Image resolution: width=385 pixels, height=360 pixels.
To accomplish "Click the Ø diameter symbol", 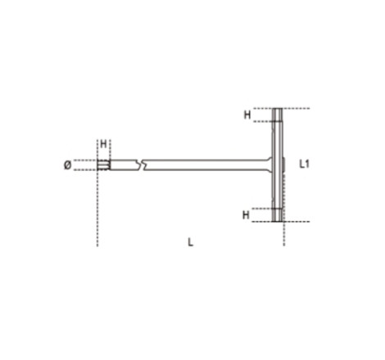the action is tap(68, 165).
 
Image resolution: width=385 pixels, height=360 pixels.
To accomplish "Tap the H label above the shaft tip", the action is tap(103, 144).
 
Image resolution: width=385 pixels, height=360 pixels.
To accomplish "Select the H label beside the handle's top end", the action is tap(247, 115).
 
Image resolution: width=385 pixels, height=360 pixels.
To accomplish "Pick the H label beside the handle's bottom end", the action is tap(246, 215).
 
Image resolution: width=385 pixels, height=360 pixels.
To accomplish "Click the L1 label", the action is tap(305, 164).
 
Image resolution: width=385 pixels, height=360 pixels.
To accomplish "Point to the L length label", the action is tap(191, 242).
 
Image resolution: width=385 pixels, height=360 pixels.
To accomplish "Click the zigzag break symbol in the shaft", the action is tap(141, 164).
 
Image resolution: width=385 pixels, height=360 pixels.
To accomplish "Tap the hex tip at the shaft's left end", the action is tap(104, 165).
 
